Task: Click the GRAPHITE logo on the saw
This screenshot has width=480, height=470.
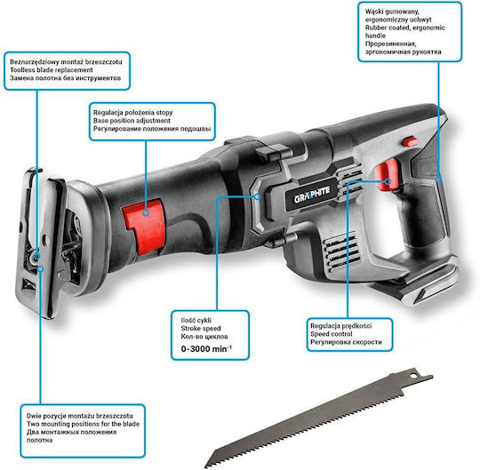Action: tap(312, 195)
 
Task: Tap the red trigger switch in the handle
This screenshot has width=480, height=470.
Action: tap(387, 175)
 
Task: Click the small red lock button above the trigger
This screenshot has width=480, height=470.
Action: tap(410, 142)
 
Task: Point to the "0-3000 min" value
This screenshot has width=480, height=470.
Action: tap(206, 348)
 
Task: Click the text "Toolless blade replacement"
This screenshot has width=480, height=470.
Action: tap(52, 70)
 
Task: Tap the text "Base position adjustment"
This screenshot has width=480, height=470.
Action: tap(132, 121)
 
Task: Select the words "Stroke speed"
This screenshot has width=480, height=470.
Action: tap(201, 329)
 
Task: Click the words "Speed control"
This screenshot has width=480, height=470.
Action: tap(332, 334)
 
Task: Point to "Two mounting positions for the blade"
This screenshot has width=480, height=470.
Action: tap(83, 424)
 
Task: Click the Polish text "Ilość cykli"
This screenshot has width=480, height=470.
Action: tap(196, 321)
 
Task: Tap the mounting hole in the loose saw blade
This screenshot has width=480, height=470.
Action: tap(414, 376)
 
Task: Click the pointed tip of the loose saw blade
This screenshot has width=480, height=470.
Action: tap(205, 467)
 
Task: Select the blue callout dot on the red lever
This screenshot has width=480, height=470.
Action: tap(146, 212)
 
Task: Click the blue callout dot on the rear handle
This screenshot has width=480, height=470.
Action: tap(439, 179)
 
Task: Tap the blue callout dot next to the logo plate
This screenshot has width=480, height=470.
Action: tap(257, 196)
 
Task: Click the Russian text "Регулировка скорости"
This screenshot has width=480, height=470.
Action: tap(346, 342)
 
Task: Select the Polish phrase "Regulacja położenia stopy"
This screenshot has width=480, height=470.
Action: tap(132, 113)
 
